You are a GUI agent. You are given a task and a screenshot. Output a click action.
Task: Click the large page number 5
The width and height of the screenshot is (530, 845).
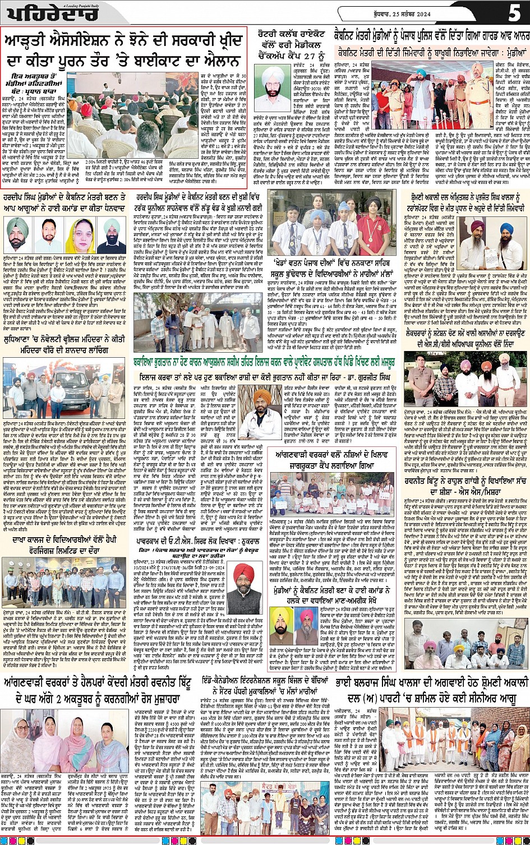[514, 12]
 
